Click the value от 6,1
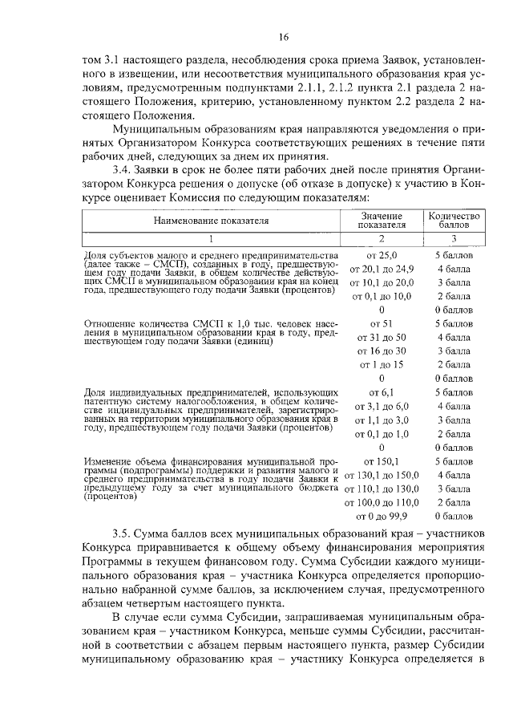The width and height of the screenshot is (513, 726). pos(382,392)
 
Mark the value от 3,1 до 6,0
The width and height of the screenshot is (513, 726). pos(382,406)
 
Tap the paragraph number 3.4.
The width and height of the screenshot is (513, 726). pos(123,171)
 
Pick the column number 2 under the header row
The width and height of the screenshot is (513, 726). pos(382,238)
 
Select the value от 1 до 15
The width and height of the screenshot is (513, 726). pos(382,364)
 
